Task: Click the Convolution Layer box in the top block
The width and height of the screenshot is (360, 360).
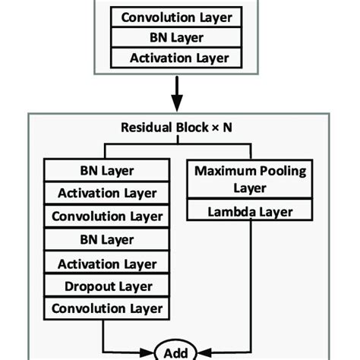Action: point(178,17)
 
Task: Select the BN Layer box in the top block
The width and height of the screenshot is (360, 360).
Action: point(178,37)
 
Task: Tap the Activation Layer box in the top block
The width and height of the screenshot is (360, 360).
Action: point(178,58)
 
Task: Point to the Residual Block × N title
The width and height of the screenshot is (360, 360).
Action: point(178,127)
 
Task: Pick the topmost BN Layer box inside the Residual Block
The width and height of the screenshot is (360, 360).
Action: point(107,171)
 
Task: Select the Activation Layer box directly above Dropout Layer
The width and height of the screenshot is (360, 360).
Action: point(107,264)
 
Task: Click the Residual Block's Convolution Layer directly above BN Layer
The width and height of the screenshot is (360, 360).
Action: point(107,216)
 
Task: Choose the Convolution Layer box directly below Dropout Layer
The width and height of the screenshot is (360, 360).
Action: point(107,309)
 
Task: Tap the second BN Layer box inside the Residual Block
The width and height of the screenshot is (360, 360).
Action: point(107,240)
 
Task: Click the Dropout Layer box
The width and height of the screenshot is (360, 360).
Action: point(107,286)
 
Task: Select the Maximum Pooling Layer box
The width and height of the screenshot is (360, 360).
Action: point(250,179)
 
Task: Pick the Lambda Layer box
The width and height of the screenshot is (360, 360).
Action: point(250,213)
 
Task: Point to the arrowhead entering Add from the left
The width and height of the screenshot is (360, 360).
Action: point(152,351)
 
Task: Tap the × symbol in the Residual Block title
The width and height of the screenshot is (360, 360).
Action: point(216,128)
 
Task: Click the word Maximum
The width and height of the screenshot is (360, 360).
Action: point(224,171)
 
